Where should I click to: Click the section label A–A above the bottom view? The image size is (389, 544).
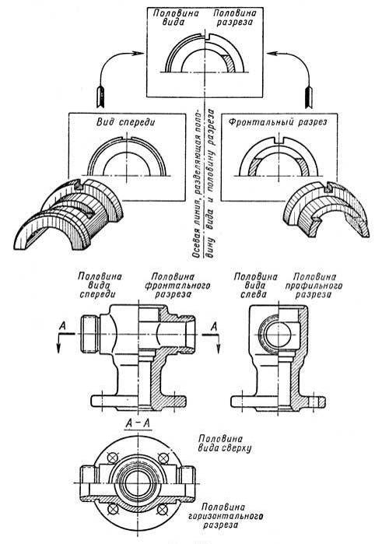pyautogui.click(x=138, y=423)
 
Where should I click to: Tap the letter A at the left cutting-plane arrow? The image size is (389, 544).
pyautogui.click(x=63, y=326)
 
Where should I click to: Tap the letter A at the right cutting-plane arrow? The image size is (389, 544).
pyautogui.click(x=214, y=326)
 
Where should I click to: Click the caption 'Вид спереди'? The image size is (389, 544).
pyautogui.click(x=126, y=122)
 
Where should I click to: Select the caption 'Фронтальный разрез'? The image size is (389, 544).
pyautogui.click(x=278, y=122)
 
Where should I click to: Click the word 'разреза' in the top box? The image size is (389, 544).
pyautogui.click(x=234, y=23)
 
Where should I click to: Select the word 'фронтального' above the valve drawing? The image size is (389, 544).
pyautogui.click(x=177, y=286)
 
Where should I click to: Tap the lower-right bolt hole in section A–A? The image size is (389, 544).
pyautogui.click(x=162, y=510)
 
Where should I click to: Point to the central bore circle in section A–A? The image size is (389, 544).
pyautogui.click(x=137, y=483)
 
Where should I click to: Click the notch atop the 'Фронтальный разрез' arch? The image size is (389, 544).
pyautogui.click(x=278, y=140)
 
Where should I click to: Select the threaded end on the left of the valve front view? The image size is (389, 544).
pyautogui.click(x=89, y=334)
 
